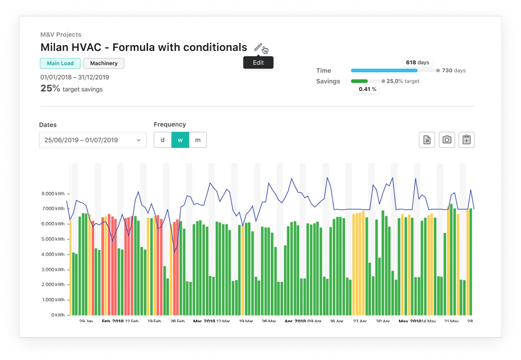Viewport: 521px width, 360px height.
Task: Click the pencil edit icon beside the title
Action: tap(258, 47)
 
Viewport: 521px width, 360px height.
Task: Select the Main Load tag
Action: tap(60, 63)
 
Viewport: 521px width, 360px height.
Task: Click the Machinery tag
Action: tap(104, 63)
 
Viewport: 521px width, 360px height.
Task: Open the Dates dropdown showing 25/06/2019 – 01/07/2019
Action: tap(93, 140)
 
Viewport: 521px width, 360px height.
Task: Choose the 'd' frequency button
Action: tap(163, 140)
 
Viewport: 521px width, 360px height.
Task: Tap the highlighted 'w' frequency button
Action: tap(180, 140)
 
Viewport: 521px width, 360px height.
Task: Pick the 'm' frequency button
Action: tap(198, 140)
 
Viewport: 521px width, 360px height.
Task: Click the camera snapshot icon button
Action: tap(447, 140)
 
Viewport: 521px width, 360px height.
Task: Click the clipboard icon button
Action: tap(466, 140)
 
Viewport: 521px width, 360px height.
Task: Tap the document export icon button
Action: tap(427, 140)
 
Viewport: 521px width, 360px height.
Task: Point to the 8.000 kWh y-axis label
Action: tap(53, 194)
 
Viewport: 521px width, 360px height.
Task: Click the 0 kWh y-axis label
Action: tap(58, 315)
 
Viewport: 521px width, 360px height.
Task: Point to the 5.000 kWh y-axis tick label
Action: tap(53, 239)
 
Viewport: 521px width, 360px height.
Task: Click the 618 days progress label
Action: tap(418, 62)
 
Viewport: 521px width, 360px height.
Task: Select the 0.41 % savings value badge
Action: tap(367, 89)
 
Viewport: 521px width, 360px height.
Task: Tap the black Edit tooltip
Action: tap(258, 62)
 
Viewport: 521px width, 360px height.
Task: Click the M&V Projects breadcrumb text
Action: tap(61, 35)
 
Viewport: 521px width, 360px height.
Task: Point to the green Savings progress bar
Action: tap(359, 81)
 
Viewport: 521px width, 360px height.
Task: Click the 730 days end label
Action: tap(453, 70)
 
